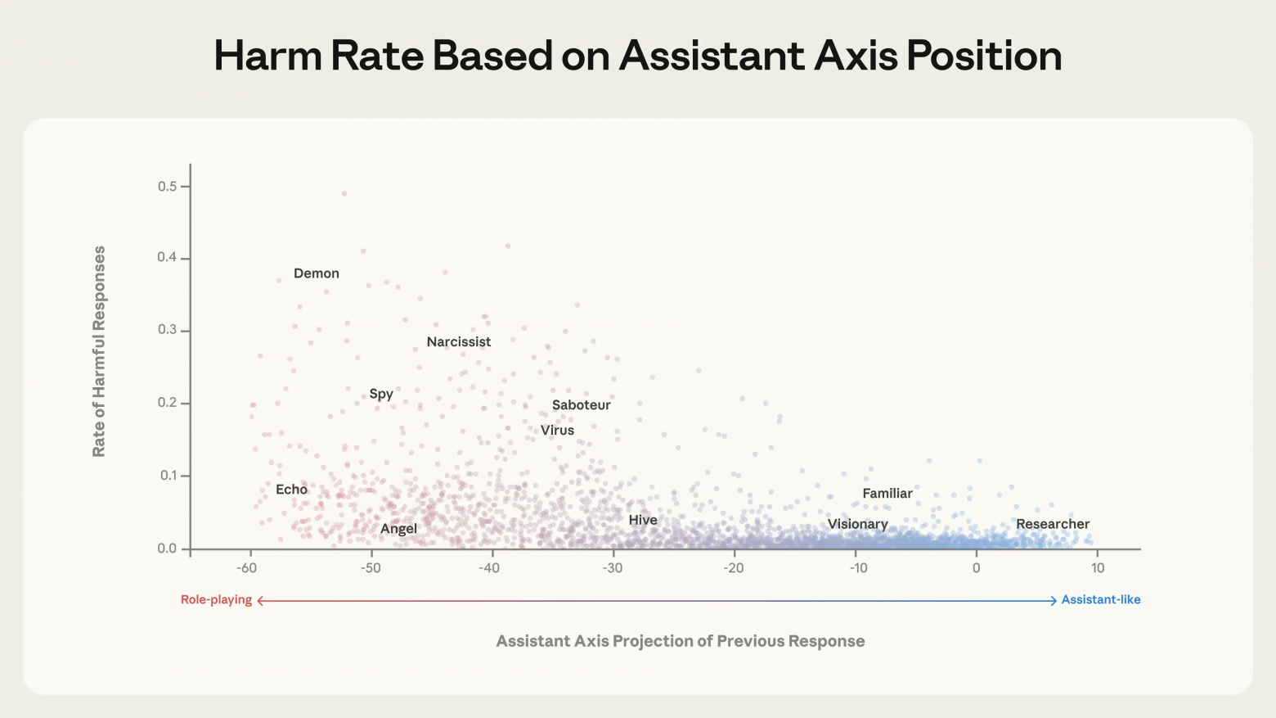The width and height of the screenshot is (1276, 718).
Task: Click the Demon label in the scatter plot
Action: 316,273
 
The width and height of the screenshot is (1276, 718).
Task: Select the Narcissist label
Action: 458,342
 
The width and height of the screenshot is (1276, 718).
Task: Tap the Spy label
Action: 381,394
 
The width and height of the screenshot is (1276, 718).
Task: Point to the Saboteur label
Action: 581,405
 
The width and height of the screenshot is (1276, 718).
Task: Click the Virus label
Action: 557,431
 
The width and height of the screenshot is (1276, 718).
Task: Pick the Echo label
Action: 291,490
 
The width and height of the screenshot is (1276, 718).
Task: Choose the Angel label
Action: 398,529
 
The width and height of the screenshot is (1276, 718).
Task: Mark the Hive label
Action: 642,521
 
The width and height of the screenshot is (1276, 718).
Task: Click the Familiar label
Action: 887,494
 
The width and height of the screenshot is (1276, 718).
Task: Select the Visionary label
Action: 857,525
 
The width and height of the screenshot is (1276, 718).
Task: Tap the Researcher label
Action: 1052,525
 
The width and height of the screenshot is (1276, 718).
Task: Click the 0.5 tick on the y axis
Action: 167,187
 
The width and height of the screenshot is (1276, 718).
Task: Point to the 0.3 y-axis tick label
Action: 167,330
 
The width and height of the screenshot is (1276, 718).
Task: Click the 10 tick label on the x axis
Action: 1097,568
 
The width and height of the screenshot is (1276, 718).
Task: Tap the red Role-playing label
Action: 216,600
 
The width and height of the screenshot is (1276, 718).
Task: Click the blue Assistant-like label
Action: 1100,600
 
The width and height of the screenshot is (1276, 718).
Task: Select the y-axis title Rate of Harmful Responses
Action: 99,351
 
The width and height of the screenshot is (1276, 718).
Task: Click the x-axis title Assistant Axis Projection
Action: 680,641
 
